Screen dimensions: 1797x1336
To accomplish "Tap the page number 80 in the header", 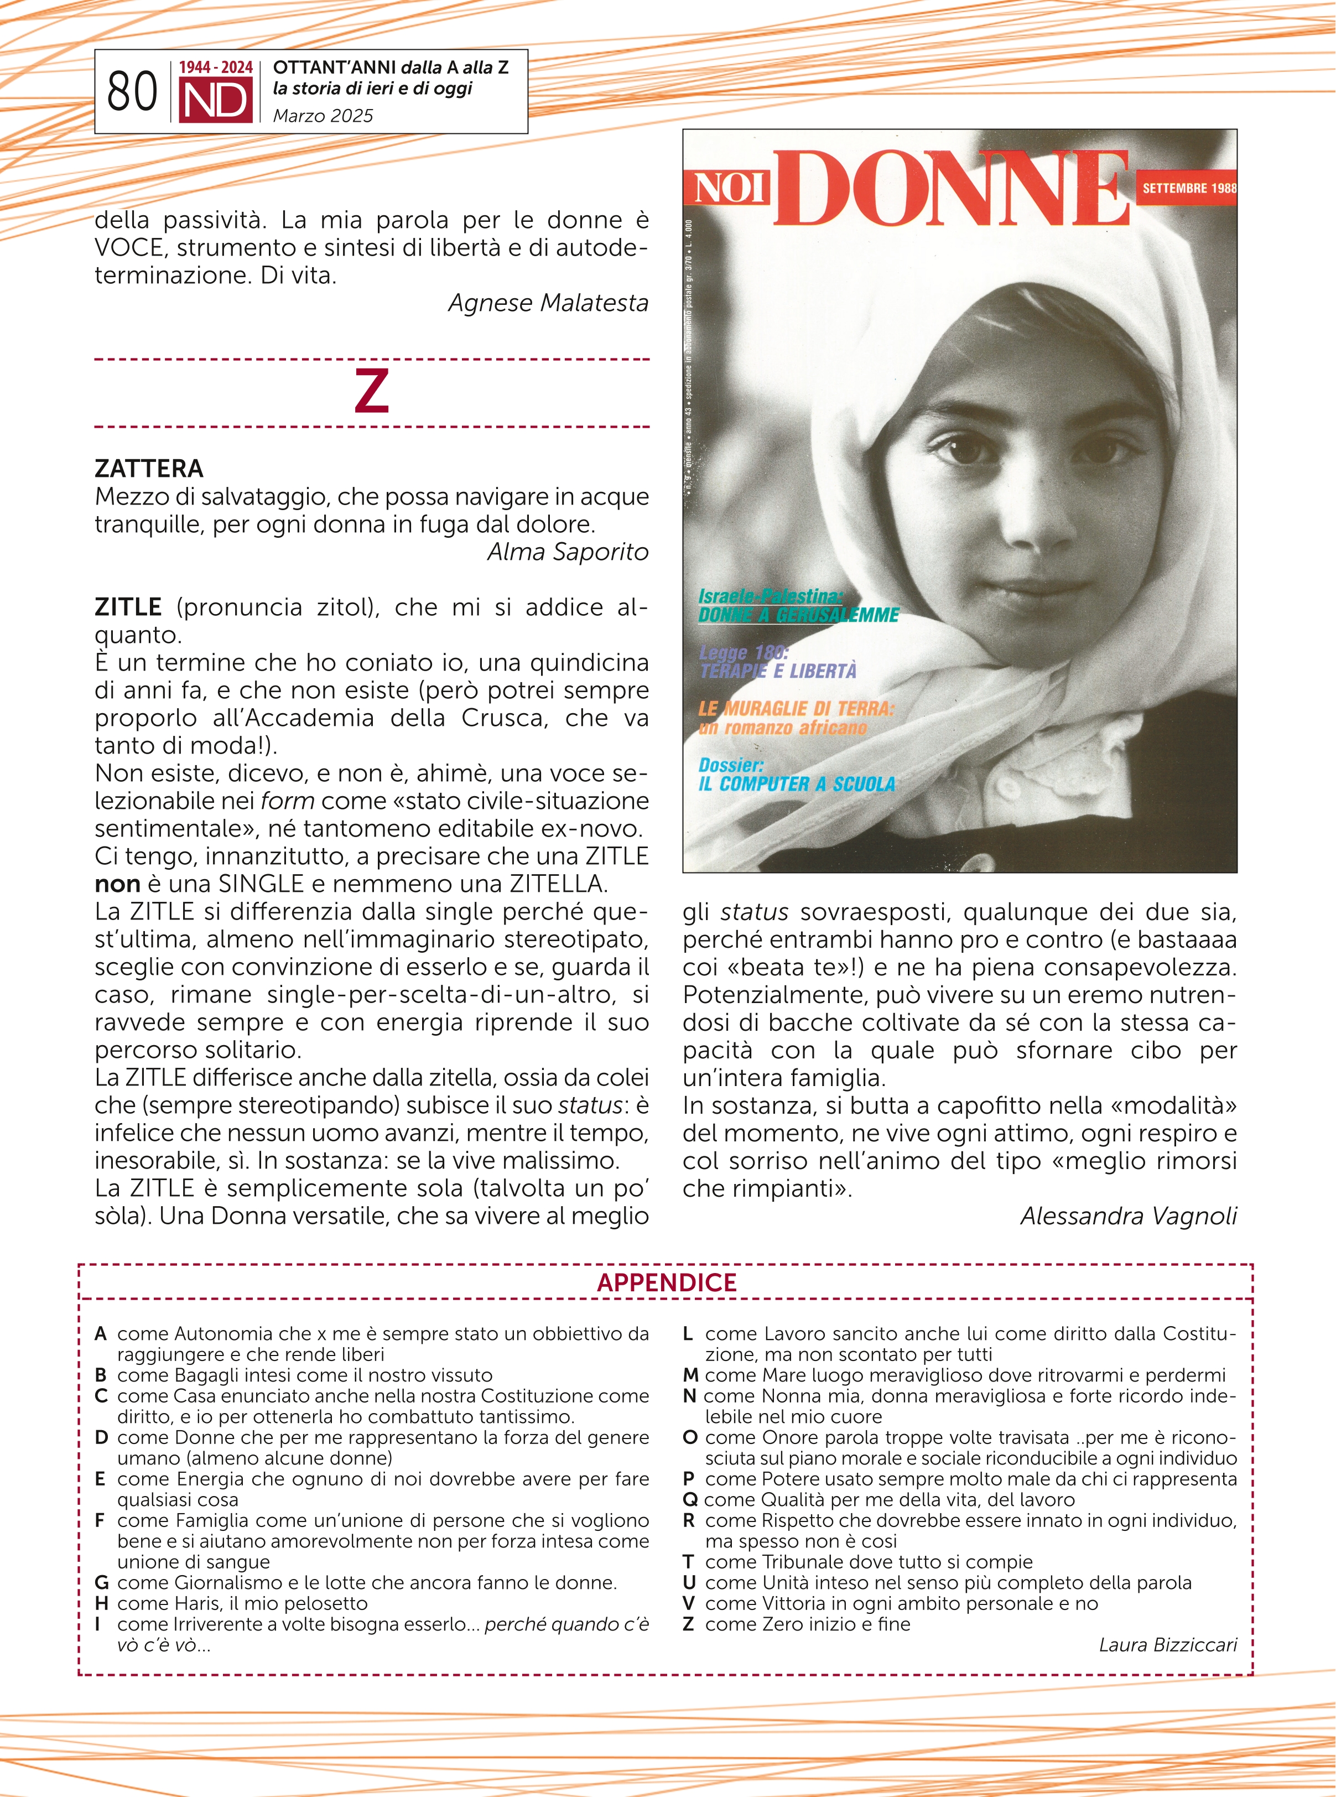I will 132,91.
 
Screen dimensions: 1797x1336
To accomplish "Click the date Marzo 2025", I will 323,116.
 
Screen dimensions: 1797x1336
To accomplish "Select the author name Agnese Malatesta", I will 548,303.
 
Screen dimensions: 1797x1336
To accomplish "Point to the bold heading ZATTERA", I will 149,468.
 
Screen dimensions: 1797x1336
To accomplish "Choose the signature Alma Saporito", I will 568,552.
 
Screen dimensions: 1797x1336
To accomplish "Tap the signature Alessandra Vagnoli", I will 1128,1216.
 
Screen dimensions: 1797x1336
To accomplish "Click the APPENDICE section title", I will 667,1282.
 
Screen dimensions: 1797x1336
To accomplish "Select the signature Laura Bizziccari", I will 1167,1645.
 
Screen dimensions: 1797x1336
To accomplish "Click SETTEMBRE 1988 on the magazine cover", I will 1188,188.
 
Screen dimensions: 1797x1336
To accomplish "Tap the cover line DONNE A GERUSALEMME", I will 798,615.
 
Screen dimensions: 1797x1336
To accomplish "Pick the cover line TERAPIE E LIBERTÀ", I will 778,671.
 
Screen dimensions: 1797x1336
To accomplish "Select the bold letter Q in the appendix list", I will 690,1499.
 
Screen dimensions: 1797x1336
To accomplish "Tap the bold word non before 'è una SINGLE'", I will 117,884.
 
